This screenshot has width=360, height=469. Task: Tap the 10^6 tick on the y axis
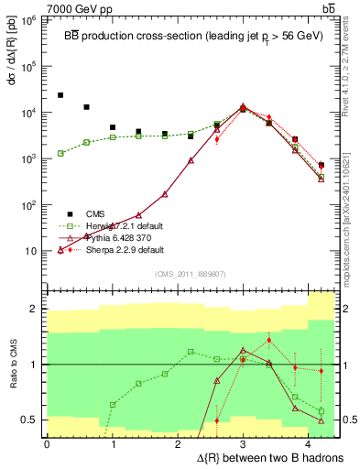pos(28,19)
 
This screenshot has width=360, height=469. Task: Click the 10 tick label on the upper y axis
pos(30,251)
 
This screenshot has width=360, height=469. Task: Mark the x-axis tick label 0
pos(46,443)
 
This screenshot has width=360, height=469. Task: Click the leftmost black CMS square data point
pos(60,95)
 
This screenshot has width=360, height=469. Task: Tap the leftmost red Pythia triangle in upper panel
pos(60,250)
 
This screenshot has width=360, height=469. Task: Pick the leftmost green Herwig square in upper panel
pos(60,153)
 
